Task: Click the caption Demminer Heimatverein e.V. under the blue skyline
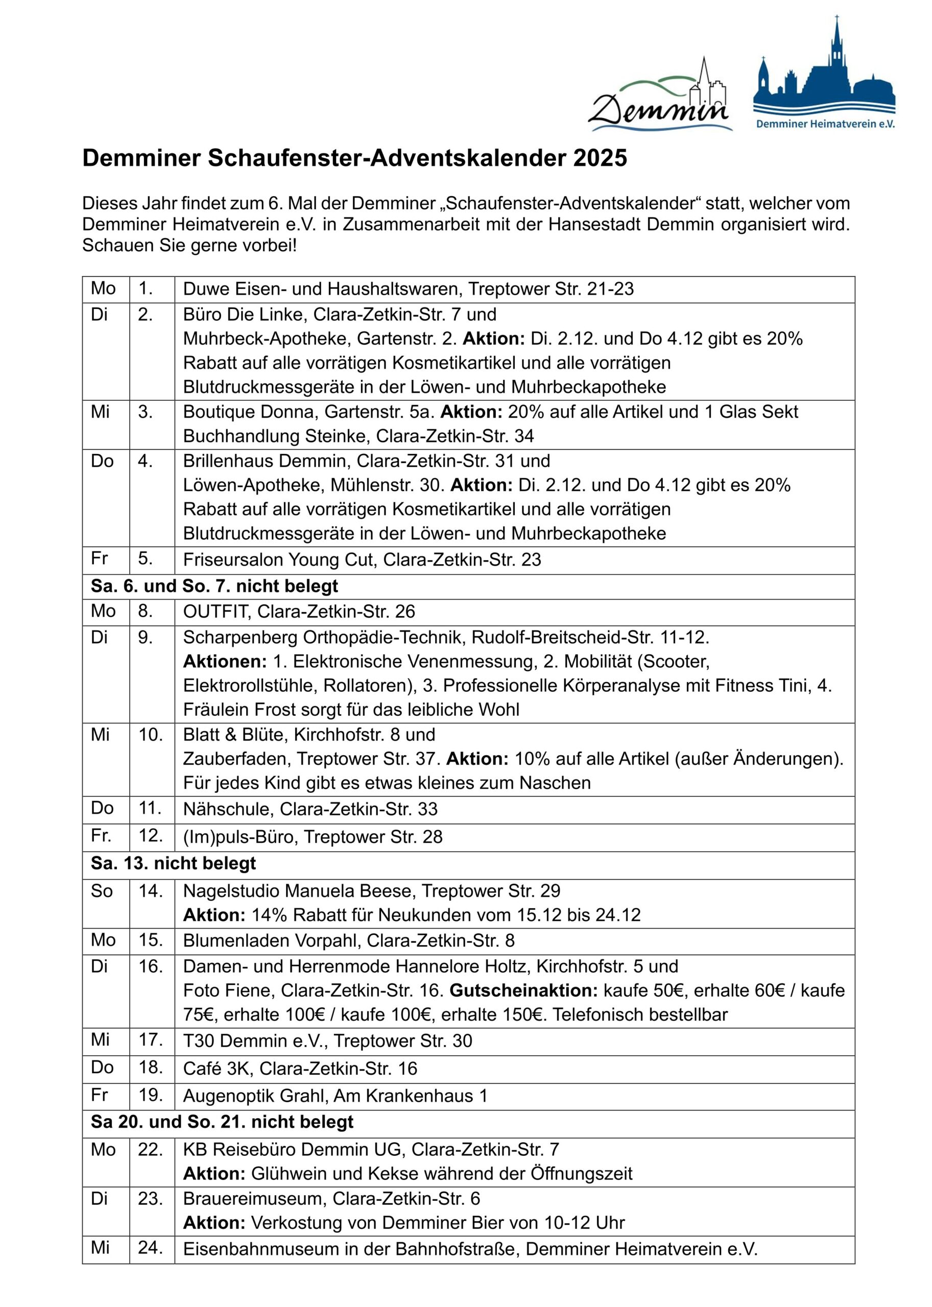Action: click(x=825, y=124)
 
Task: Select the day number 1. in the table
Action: click(x=146, y=288)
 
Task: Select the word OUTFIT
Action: click(x=214, y=612)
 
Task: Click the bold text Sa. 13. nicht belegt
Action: click(x=173, y=863)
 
